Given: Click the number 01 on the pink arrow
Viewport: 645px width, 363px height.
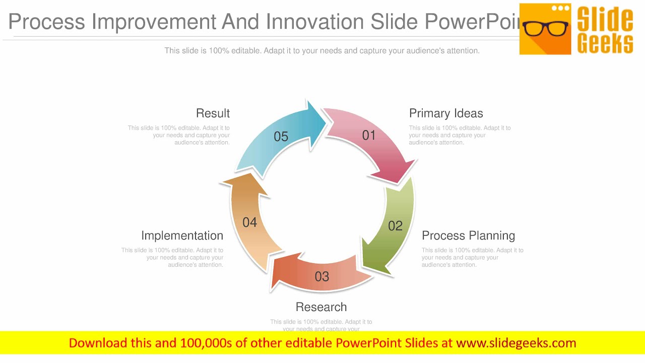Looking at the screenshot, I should (369, 135).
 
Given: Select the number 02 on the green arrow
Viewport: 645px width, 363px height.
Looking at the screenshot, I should (395, 226).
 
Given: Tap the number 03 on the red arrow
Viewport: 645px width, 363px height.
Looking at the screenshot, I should (321, 276).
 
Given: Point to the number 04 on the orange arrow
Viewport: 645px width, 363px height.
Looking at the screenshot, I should (249, 222).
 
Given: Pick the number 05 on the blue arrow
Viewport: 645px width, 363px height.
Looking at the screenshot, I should (281, 137).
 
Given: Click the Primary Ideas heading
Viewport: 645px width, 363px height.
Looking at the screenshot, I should (446, 113).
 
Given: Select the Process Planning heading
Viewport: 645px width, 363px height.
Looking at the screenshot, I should (468, 235).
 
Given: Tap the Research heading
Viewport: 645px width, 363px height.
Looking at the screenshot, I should (321, 307).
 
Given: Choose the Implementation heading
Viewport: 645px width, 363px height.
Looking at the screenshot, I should (182, 235).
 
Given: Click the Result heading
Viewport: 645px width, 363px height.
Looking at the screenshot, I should (213, 113).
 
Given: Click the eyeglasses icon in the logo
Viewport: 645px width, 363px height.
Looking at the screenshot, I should (545, 28).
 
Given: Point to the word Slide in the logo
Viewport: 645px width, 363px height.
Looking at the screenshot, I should (605, 19).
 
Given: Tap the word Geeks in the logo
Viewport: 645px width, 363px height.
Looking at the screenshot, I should (605, 43).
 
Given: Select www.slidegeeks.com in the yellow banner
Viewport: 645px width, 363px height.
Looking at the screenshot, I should (515, 343).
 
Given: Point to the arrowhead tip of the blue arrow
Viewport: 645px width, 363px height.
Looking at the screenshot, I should (325, 120).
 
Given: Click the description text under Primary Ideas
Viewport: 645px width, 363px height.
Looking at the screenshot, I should (460, 135).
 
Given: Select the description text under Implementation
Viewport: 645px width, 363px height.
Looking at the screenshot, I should (172, 257).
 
